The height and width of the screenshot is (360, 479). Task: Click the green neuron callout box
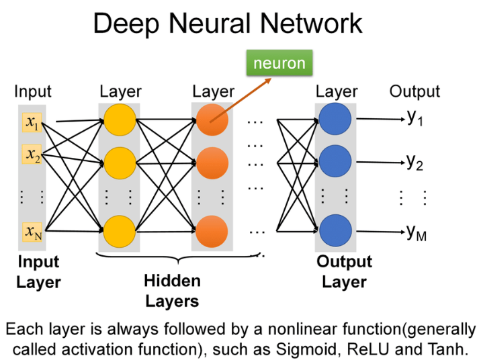point(278,64)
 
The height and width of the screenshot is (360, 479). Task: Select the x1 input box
point(32,123)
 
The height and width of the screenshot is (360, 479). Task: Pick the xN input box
point(32,232)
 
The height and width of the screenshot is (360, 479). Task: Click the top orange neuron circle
point(212,122)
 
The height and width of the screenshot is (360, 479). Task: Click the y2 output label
point(415,162)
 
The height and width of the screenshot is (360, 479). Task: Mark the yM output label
point(417,233)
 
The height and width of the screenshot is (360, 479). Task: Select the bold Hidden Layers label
point(172,290)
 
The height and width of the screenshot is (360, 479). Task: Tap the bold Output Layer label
point(344,271)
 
